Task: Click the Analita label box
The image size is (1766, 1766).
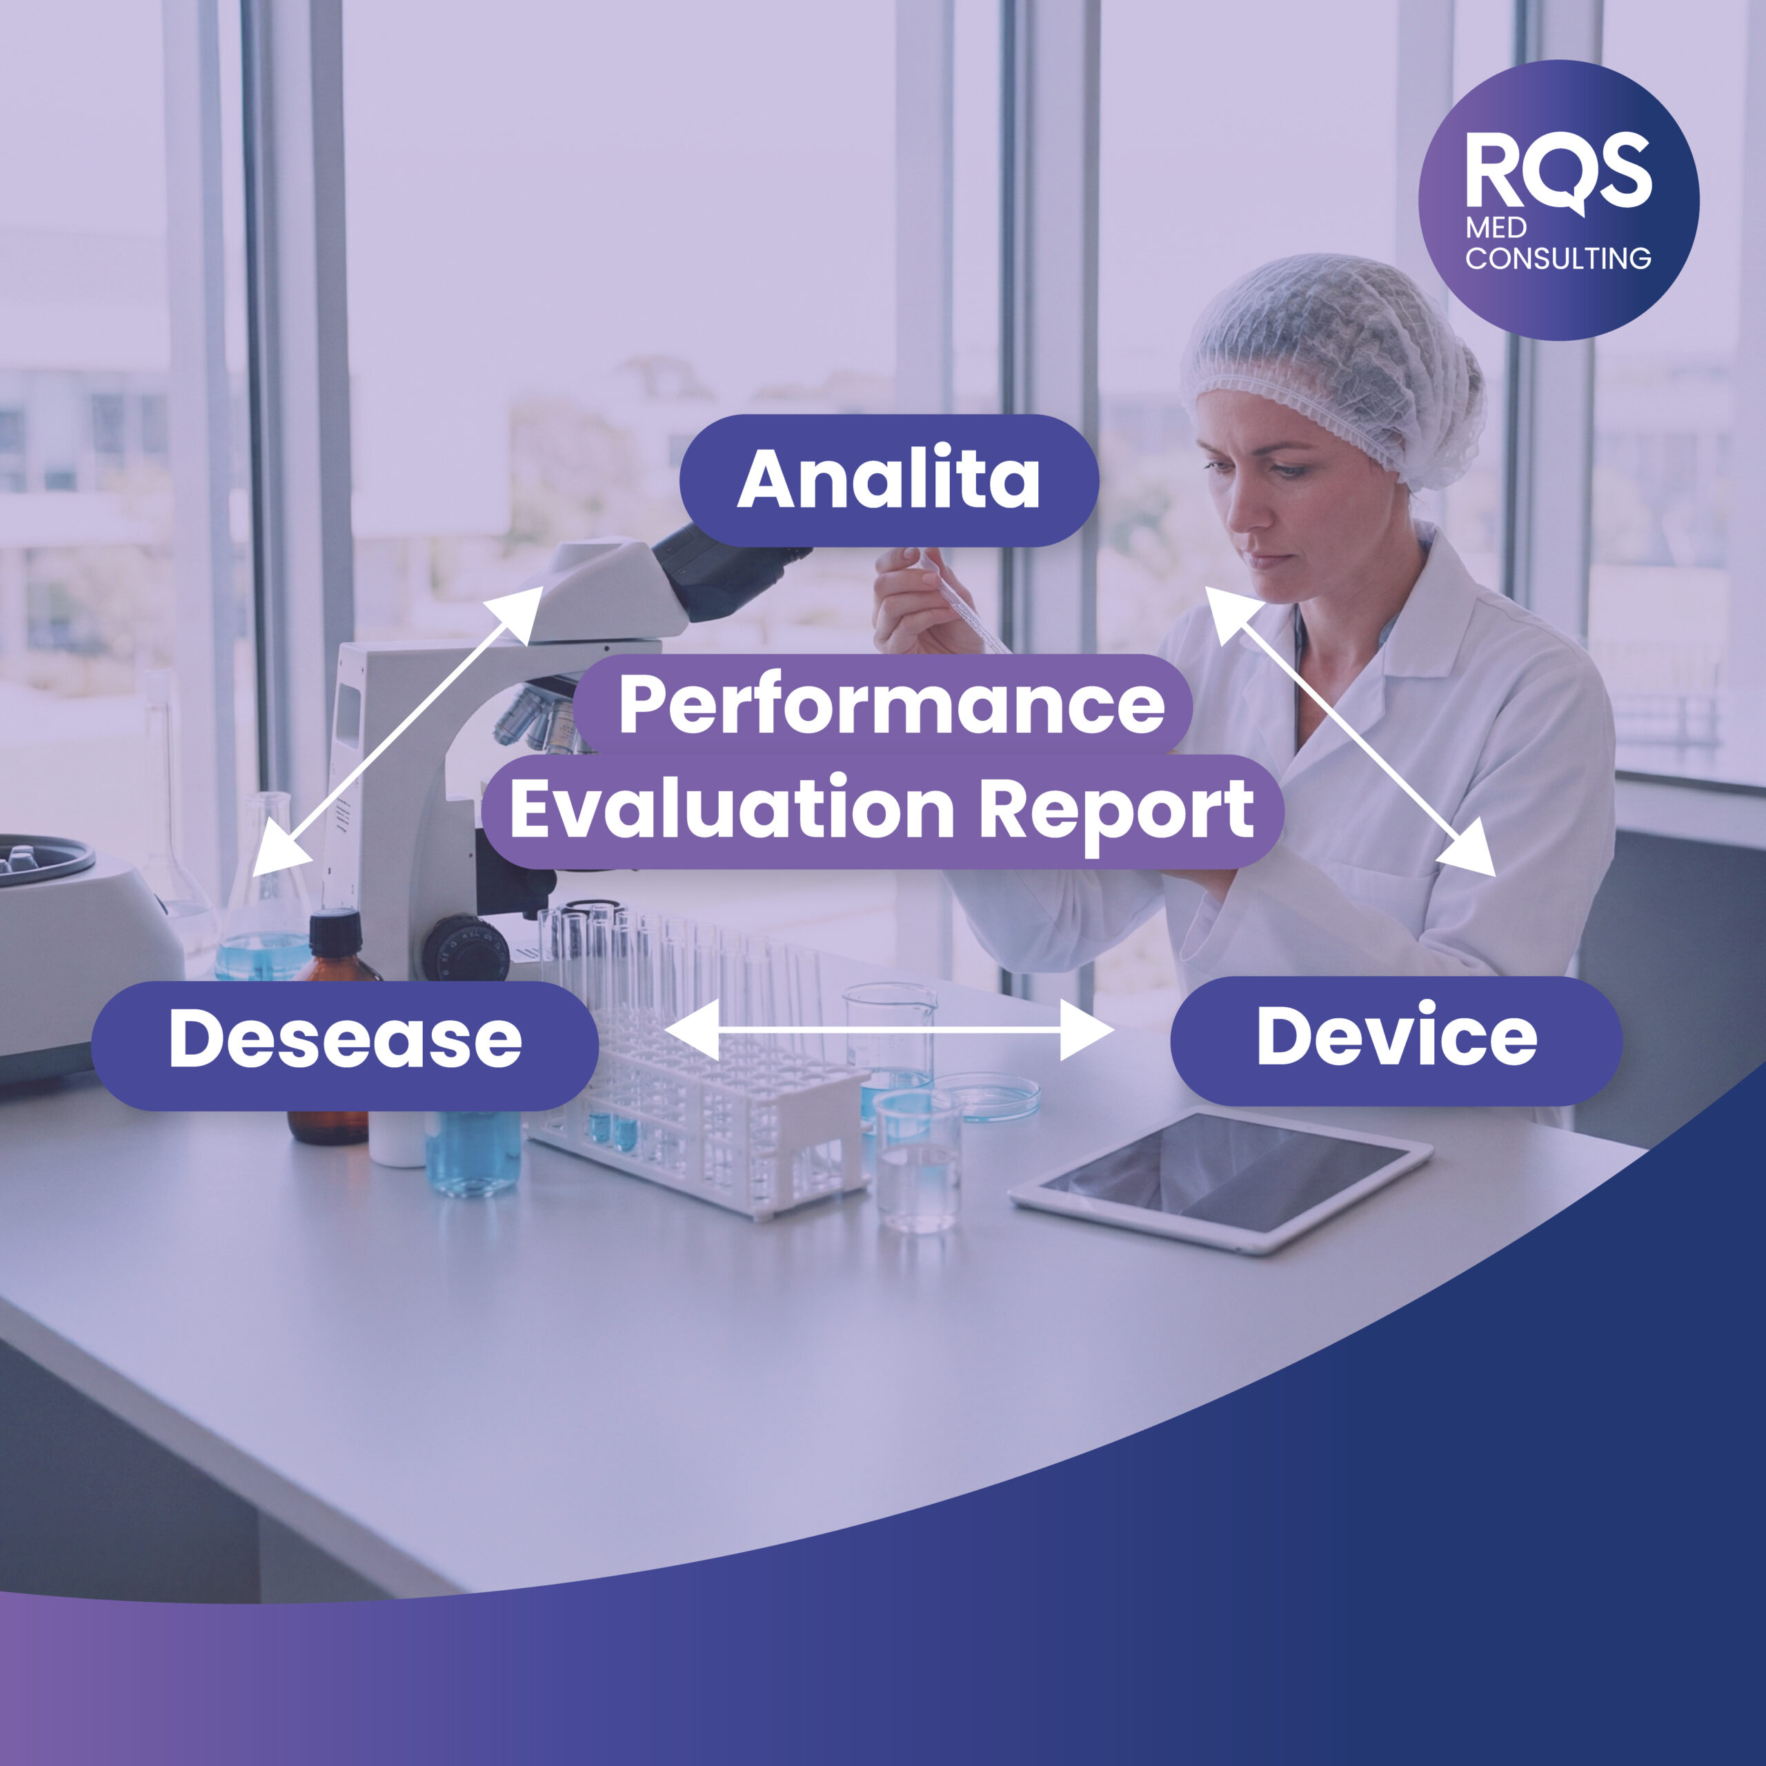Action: tap(889, 480)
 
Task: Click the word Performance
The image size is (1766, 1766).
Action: tap(891, 705)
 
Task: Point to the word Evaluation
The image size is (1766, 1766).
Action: tap(731, 809)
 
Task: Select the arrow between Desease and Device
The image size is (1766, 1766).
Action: tap(889, 1030)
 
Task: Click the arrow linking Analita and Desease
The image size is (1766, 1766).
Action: tap(397, 731)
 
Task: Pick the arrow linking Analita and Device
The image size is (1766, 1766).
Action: tap(1349, 732)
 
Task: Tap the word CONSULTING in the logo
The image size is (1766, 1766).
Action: tap(1558, 259)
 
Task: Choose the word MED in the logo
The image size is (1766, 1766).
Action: tap(1496, 228)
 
